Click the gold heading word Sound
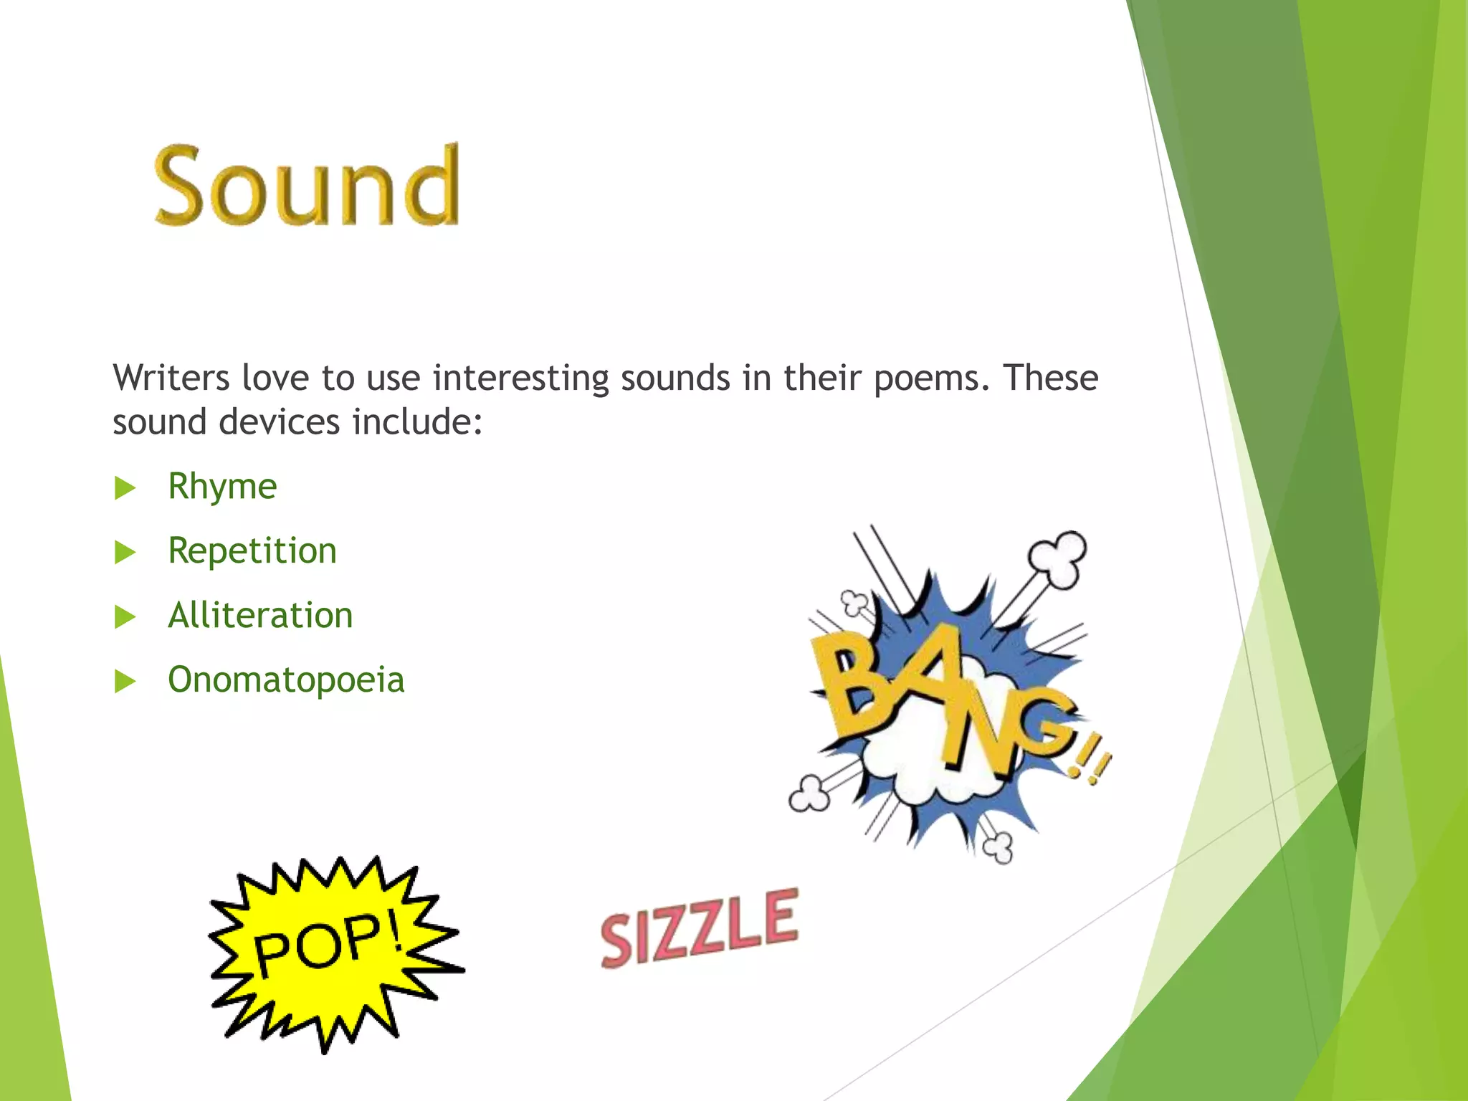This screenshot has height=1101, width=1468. [x=307, y=185]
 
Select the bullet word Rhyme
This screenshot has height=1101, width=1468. [x=222, y=487]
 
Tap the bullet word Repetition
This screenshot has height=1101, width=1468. [x=252, y=552]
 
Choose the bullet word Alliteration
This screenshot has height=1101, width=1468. [x=260, y=616]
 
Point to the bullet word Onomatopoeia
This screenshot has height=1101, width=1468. [x=286, y=680]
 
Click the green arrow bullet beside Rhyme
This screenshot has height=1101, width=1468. [x=125, y=489]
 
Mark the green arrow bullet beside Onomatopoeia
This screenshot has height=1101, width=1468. [x=125, y=682]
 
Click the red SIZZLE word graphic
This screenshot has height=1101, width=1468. [x=699, y=929]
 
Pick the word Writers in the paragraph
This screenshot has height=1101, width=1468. [x=171, y=378]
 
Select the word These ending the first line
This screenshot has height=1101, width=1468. [x=1050, y=378]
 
